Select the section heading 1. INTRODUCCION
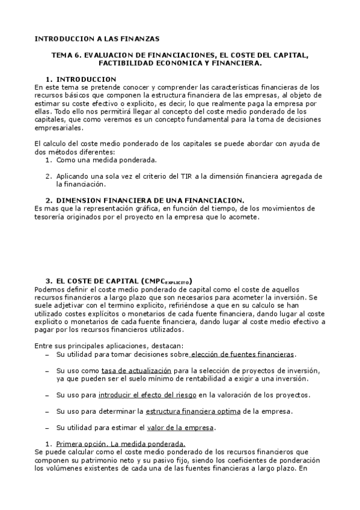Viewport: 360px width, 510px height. (81, 79)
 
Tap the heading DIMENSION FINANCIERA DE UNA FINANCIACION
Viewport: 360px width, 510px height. (150, 199)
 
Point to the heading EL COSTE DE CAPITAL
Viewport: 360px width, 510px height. (96, 281)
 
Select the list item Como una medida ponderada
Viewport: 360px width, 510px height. (106, 160)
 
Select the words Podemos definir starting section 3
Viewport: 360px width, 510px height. (59, 289)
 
